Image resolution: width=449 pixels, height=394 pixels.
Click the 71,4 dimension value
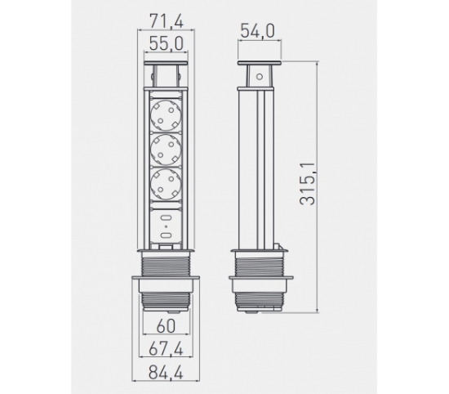pos(166,21)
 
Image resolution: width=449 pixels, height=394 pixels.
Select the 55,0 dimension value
pos(166,44)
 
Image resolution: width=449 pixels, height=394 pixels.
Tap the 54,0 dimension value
pos(257,31)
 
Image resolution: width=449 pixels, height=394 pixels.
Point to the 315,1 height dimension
pos(307,184)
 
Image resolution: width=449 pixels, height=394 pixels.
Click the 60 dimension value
pos(166,326)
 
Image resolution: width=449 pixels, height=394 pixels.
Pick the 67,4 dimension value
pos(166,349)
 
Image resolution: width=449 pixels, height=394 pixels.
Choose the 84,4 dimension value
pos(166,373)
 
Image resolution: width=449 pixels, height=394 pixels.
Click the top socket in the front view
pos(166,115)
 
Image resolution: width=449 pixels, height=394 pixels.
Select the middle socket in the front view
pos(166,150)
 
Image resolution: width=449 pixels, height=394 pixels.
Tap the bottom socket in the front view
pos(166,184)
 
